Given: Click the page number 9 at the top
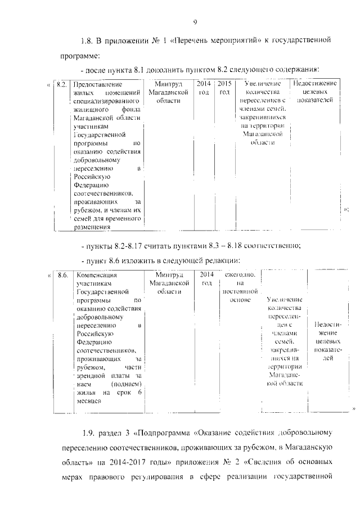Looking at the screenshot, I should click(195, 22).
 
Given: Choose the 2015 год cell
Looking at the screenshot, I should click(224, 88).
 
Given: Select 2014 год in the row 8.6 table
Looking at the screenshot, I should click(206, 279).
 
